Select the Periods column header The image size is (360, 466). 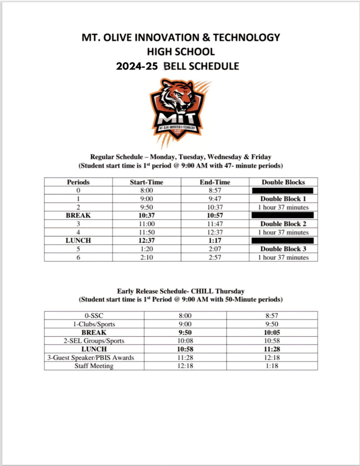pos(78,182)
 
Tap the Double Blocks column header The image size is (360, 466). pos(283,182)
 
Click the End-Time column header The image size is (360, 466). pos(215,182)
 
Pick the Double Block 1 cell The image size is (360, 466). pos(283,199)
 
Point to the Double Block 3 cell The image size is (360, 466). pos(283,249)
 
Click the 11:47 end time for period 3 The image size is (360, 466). pos(215,224)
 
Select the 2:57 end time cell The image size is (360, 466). pos(215,258)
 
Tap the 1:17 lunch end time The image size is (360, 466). pos(215,241)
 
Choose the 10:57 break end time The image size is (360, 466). pos(215,216)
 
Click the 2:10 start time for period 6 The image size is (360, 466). pos(147,258)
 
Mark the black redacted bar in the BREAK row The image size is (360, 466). pos(283,215)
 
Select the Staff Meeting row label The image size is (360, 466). pos(94,366)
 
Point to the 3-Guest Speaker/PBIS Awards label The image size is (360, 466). pos(94,358)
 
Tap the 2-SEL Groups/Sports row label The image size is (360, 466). pos(94,341)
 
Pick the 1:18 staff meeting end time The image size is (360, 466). pos(272,366)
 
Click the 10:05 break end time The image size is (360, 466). pos(272,332)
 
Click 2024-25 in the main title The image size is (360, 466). pos(137,66)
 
